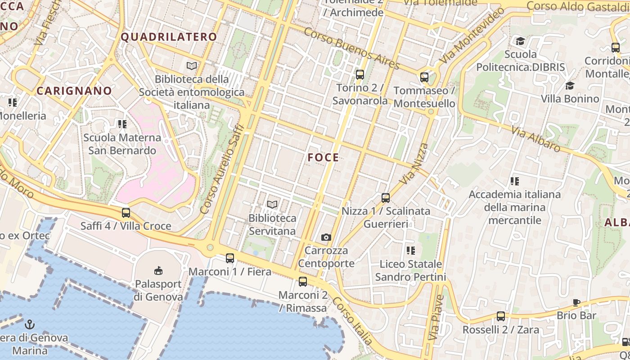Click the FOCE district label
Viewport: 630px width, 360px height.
click(323, 157)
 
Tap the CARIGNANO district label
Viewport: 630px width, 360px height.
click(74, 91)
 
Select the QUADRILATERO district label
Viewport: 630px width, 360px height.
click(169, 37)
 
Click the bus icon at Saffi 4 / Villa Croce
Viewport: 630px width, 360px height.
click(126, 213)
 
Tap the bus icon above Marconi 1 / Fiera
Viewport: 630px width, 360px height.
click(230, 258)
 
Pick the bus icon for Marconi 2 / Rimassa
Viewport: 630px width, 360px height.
click(303, 282)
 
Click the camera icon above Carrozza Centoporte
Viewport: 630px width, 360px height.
click(326, 237)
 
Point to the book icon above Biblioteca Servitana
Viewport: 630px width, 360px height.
click(272, 205)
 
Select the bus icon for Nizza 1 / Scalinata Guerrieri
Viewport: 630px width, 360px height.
click(386, 198)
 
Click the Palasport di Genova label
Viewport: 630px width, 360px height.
click(159, 291)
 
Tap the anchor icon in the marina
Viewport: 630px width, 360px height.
click(30, 324)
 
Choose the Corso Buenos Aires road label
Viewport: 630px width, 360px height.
click(351, 49)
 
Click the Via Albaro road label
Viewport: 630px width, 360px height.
click(535, 138)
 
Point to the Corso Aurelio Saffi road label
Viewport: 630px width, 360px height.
click(222, 169)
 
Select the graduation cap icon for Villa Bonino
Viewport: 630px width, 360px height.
click(570, 85)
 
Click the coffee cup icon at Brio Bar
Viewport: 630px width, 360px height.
click(576, 302)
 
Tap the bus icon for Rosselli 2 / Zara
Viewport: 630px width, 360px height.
click(501, 316)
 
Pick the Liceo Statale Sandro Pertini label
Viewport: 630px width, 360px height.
click(410, 270)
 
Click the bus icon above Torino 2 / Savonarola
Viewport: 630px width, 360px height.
click(360, 75)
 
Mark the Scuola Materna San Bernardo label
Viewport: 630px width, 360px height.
click(122, 144)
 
